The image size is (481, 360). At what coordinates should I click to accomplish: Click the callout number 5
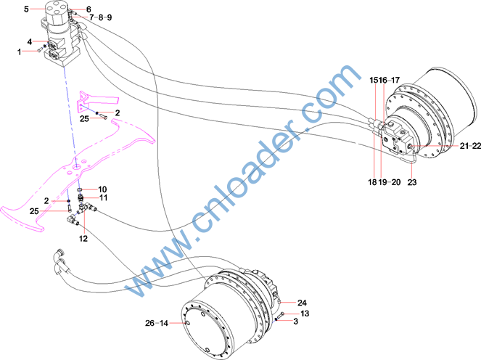tap(26, 9)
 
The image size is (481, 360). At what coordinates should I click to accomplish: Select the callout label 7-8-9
tap(101, 17)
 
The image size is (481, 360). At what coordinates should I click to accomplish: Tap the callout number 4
tap(30, 42)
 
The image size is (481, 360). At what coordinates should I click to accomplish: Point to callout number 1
tap(20, 52)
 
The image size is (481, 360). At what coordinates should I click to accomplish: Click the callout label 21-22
tap(470, 146)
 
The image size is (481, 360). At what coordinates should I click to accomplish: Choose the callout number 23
tap(412, 182)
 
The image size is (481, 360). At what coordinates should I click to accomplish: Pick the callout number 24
tap(302, 303)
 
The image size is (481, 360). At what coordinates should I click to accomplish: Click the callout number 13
tap(305, 314)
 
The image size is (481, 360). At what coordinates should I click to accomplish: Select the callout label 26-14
tap(157, 323)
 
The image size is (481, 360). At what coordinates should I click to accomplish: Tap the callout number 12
tap(83, 239)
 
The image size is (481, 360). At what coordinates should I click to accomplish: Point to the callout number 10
tap(102, 189)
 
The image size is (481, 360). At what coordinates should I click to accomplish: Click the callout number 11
tap(104, 197)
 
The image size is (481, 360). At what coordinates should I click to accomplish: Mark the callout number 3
tap(296, 322)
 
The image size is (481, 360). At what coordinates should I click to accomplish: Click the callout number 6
tap(89, 9)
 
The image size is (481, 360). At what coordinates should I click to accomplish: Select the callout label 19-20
tap(390, 182)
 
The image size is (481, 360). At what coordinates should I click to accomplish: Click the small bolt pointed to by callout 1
tap(39, 50)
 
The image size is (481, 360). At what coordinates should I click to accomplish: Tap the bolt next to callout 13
tap(281, 315)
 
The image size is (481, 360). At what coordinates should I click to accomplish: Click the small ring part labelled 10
tap(81, 189)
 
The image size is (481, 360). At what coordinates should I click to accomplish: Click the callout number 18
tap(372, 182)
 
